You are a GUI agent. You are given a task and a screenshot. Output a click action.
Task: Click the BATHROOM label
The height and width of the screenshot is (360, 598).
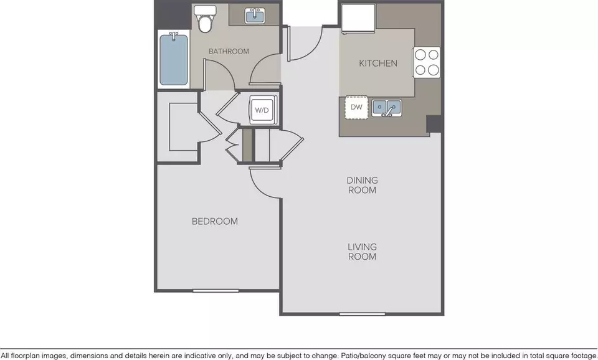click(229, 51)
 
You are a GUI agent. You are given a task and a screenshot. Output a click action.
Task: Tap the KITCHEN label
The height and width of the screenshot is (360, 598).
click(378, 64)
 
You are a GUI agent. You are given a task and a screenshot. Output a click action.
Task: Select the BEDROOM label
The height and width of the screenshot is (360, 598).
click(215, 221)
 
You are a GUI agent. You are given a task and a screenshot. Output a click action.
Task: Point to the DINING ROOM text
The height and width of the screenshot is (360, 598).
click(363, 185)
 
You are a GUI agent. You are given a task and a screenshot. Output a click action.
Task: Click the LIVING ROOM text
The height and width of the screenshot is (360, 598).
click(363, 252)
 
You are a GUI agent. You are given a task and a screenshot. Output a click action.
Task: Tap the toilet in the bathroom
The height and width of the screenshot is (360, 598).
click(205, 19)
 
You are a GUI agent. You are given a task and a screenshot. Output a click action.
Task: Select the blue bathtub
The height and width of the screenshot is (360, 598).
click(174, 60)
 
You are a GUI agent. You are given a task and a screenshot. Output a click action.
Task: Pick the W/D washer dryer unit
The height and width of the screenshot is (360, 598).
click(262, 110)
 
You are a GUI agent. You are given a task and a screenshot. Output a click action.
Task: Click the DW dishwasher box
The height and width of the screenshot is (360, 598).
click(356, 107)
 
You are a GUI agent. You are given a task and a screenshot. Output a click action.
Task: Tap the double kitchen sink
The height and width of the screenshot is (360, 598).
click(386, 108)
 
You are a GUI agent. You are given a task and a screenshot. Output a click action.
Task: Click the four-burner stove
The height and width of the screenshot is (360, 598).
click(426, 62)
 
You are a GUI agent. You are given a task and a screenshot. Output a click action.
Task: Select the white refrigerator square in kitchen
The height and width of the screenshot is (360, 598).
click(358, 18)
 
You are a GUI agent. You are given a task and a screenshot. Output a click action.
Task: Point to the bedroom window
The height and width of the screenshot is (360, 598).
click(216, 291)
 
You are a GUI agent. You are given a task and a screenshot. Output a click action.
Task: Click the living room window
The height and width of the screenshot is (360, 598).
click(363, 315)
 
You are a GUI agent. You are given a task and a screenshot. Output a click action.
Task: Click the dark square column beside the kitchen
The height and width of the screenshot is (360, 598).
click(434, 124)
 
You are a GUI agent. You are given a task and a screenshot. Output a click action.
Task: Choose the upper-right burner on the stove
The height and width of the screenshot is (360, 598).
click(434, 55)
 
